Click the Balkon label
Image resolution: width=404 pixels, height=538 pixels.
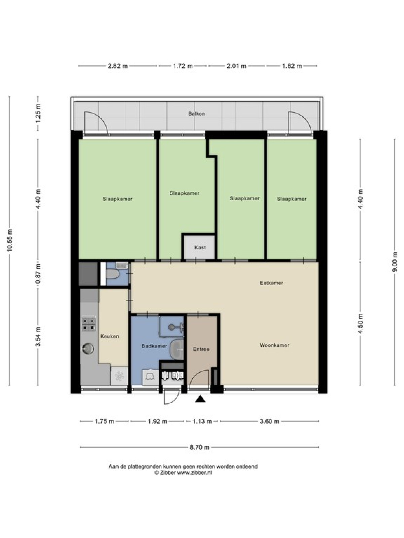pyautogui.click(x=196, y=114)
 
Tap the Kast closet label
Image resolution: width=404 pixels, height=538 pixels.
pyautogui.click(x=200, y=247)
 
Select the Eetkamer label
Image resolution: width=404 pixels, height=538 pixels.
pyautogui.click(x=271, y=283)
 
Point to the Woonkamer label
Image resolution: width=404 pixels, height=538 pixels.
pyautogui.click(x=274, y=345)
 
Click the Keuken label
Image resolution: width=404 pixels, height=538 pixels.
pyautogui.click(x=110, y=336)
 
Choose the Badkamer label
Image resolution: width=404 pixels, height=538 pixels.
pyautogui.click(x=154, y=346)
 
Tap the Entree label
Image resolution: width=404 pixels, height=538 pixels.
pyautogui.click(x=201, y=349)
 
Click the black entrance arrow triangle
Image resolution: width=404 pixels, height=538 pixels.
pyautogui.click(x=200, y=399)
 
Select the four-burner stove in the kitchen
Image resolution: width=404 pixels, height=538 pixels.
pyautogui.click(x=89, y=324)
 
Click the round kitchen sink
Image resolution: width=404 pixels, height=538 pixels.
pyautogui.click(x=88, y=348)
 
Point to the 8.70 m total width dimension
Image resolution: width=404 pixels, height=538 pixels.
pyautogui.click(x=200, y=447)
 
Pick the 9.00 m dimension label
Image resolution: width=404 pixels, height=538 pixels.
pyautogui.click(x=395, y=262)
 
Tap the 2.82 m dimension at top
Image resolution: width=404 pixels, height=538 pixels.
pyautogui.click(x=118, y=66)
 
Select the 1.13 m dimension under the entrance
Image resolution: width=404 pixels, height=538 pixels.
pyautogui.click(x=202, y=421)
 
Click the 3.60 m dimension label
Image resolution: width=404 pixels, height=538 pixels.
pyautogui.click(x=269, y=421)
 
